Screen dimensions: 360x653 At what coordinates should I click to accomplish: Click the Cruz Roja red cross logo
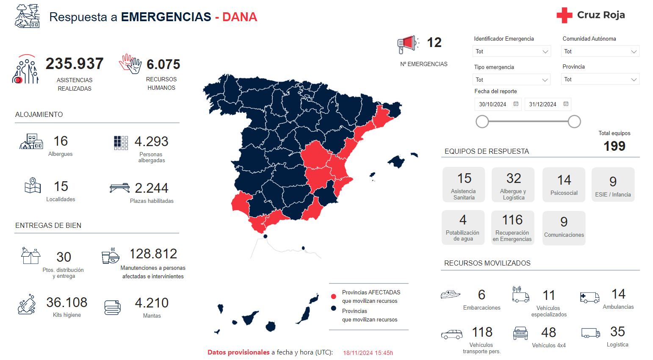pos(564,15)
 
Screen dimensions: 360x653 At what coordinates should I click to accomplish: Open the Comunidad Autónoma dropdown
pos(600,51)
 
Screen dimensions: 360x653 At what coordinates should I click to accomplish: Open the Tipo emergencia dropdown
pos(511,80)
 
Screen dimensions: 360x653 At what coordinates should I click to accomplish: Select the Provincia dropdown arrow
pos(634,80)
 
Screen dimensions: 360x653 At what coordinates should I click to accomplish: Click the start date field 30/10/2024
pos(497,104)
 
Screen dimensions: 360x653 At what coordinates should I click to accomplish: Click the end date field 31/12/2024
pos(547,104)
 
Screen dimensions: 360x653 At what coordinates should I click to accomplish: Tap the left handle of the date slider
pos(482,122)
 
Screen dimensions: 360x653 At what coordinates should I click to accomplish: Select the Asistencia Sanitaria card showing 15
pos(464,184)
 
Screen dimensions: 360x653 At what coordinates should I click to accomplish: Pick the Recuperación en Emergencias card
pos(512,227)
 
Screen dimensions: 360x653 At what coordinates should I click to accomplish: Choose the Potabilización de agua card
pos(463,227)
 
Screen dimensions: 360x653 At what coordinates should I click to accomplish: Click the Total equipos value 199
pos(614,146)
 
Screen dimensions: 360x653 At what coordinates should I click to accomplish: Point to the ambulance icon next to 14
pos(589,297)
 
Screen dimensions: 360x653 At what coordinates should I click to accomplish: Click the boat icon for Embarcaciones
pos(450,294)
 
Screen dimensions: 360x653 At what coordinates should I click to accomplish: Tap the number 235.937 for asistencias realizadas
pos(75,64)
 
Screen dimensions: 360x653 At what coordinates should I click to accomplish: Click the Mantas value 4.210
pos(152,303)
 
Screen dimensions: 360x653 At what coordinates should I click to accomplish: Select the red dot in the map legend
pos(334,296)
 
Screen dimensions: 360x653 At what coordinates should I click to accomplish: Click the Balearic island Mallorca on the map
pos(397,161)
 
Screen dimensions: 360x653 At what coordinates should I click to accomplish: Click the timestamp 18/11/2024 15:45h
pos(368,353)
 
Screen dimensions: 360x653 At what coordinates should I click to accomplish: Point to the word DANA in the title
pos(240,17)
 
